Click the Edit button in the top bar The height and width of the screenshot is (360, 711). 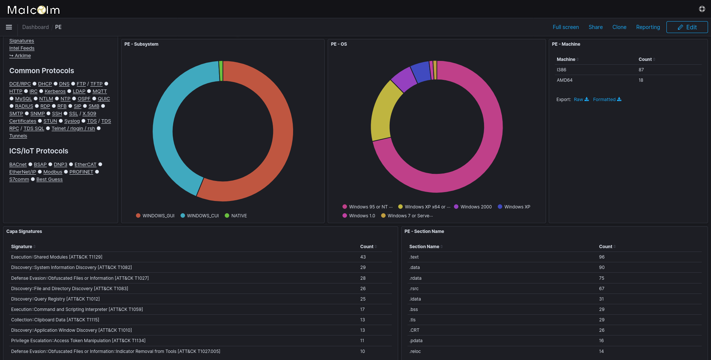click(x=687, y=27)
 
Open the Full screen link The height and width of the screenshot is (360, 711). click(x=565, y=27)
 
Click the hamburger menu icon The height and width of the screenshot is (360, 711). click(x=9, y=27)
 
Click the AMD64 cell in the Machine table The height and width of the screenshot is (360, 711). click(x=564, y=80)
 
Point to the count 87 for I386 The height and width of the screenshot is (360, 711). click(x=641, y=70)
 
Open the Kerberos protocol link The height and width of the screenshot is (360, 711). click(x=55, y=91)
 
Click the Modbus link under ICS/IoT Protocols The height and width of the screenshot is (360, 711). click(x=53, y=172)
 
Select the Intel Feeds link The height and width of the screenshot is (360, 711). click(x=22, y=48)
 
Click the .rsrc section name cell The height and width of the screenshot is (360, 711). click(x=414, y=289)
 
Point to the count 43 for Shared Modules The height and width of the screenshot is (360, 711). click(x=363, y=257)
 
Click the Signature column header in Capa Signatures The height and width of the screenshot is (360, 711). click(x=22, y=247)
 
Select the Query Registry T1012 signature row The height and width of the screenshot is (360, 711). click(x=55, y=299)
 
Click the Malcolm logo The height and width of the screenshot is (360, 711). click(x=33, y=10)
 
